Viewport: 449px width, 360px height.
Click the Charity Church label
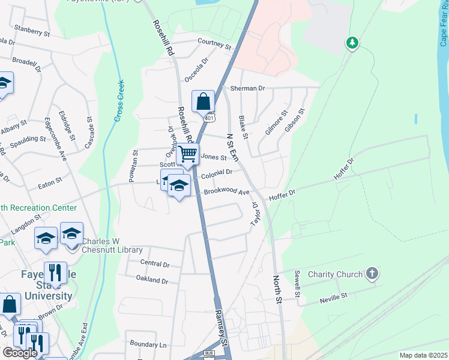pos(335,274)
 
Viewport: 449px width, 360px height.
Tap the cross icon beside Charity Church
pos(372,274)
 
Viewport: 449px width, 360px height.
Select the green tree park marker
pos(352,43)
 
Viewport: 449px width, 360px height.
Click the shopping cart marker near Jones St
pos(188,155)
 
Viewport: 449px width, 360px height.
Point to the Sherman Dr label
pos(247,88)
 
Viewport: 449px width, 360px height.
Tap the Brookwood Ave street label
pos(226,192)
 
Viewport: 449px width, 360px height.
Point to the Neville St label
pos(334,296)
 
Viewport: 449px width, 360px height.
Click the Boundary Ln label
pos(148,344)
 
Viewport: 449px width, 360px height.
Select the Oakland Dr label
pos(152,280)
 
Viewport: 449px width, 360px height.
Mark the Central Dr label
pos(155,263)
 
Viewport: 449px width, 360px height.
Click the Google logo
pos(20,352)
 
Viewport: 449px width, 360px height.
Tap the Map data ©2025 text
pos(423,355)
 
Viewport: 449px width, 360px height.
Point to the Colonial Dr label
pos(217,174)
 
